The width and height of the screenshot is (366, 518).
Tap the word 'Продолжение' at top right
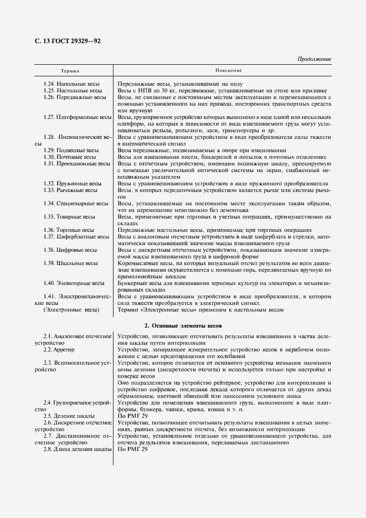tap(314, 59)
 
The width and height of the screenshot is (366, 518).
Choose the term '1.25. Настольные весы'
tap(73, 90)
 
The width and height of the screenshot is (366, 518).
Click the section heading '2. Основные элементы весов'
tap(183, 326)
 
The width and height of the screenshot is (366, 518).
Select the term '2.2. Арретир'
tap(61, 350)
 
